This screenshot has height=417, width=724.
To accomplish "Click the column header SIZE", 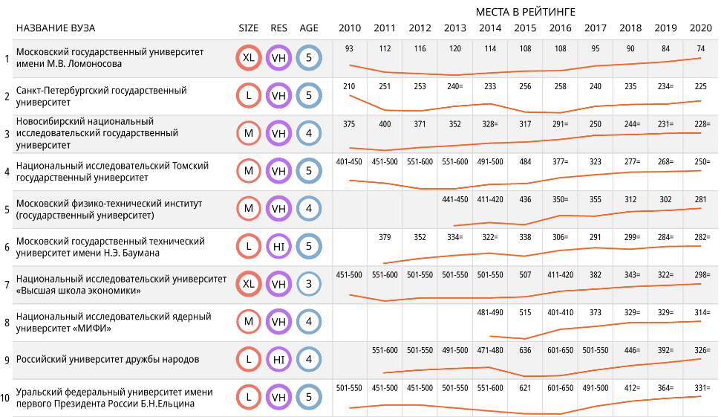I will (249, 28).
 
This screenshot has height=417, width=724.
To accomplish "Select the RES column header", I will (279, 28).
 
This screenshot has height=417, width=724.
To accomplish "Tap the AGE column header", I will (309, 28).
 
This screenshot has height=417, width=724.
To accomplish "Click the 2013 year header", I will (454, 28).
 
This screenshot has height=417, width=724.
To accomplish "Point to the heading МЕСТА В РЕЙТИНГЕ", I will (526, 12).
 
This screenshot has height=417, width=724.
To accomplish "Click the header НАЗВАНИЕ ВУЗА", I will (56, 28).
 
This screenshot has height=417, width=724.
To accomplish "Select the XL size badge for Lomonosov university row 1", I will (249, 58).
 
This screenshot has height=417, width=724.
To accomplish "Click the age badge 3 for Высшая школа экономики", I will (309, 284).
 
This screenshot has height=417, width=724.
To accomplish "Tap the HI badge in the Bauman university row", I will (279, 246).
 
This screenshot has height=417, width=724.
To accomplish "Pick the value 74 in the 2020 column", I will (700, 48).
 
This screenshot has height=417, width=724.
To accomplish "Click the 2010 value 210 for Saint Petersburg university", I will (349, 86).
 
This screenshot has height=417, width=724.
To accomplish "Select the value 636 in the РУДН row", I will (525, 350).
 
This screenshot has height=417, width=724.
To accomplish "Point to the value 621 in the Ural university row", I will (525, 388).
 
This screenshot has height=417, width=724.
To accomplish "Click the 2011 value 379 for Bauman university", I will (385, 237).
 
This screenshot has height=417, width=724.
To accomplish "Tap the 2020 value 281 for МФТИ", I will (700, 199).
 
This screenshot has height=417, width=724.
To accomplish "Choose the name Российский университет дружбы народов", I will (108, 360).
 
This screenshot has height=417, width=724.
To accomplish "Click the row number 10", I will (5, 398).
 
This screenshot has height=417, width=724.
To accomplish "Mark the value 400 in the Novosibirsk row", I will (385, 124).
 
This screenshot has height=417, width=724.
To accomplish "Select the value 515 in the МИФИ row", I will (525, 313).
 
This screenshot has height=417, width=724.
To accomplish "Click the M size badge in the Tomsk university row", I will (249, 171).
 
